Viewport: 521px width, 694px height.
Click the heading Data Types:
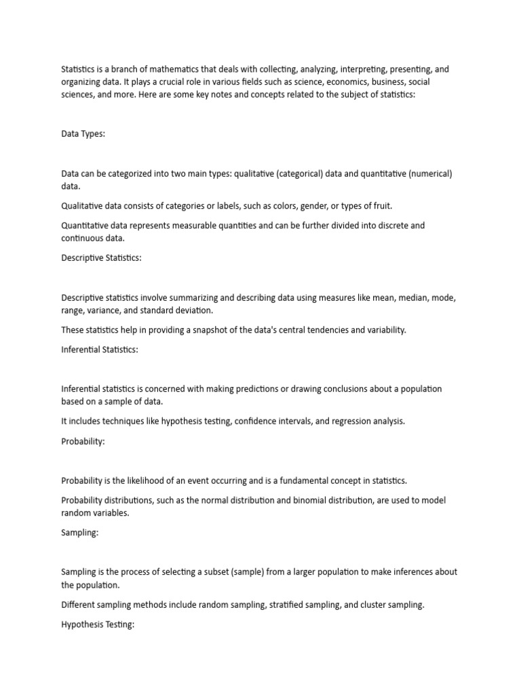click(83, 134)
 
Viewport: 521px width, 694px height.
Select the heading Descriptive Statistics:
click(101, 258)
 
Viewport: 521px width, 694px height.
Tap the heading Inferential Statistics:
click(100, 349)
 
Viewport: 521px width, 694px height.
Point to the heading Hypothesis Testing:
click(98, 624)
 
